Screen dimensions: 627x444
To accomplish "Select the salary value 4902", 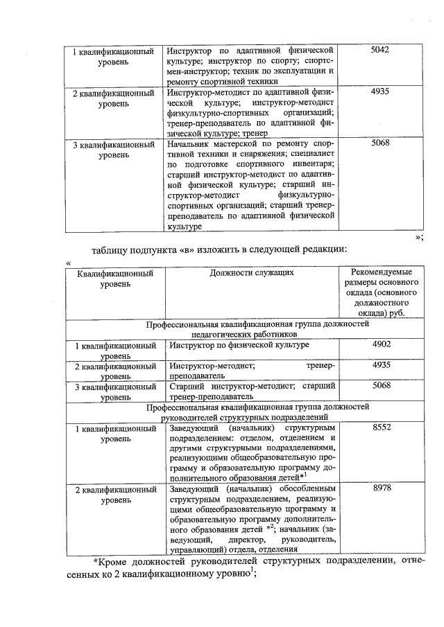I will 382,344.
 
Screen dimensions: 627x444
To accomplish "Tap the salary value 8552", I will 382,428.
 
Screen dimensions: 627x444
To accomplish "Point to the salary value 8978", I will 382,489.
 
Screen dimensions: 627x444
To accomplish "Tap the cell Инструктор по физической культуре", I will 239,345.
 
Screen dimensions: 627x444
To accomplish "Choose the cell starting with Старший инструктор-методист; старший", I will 252,391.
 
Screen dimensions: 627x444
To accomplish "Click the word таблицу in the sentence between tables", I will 113,249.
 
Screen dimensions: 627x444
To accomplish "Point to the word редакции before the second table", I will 322,249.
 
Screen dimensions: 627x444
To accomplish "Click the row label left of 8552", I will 114,434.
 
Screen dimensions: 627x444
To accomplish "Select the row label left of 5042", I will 114,56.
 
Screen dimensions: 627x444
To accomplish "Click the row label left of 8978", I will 114,495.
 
